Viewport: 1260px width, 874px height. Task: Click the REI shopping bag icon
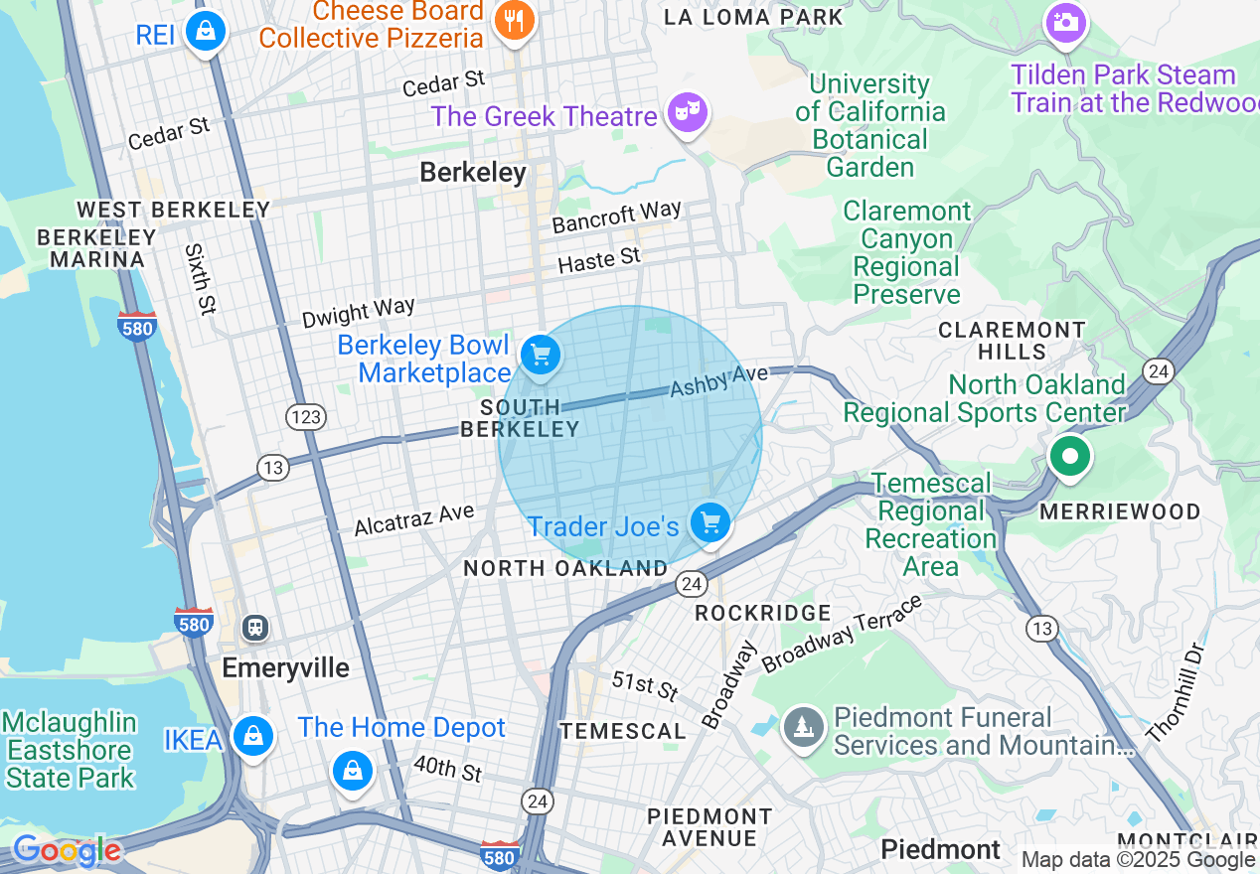click(x=206, y=32)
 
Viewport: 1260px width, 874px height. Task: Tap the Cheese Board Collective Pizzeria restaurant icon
click(x=514, y=20)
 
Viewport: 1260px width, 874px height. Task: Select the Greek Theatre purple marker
click(x=687, y=111)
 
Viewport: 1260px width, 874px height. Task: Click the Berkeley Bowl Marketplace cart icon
click(x=541, y=355)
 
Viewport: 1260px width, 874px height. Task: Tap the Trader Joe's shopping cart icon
click(x=709, y=521)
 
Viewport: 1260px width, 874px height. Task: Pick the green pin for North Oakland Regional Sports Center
click(x=1069, y=457)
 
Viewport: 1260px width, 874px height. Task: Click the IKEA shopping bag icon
click(x=253, y=736)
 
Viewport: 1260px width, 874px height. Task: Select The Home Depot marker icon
click(x=352, y=770)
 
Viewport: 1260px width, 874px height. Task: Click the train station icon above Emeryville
click(x=255, y=627)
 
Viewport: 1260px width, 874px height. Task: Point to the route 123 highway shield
click(x=305, y=417)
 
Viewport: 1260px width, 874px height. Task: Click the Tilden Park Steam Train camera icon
click(x=1065, y=21)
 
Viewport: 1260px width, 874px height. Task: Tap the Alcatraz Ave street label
click(x=414, y=518)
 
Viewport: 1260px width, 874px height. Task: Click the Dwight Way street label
click(x=358, y=313)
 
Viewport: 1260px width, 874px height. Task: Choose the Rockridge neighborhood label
click(x=762, y=613)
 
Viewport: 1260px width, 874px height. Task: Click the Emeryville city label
click(x=285, y=667)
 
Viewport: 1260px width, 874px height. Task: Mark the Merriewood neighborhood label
click(x=1120, y=511)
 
